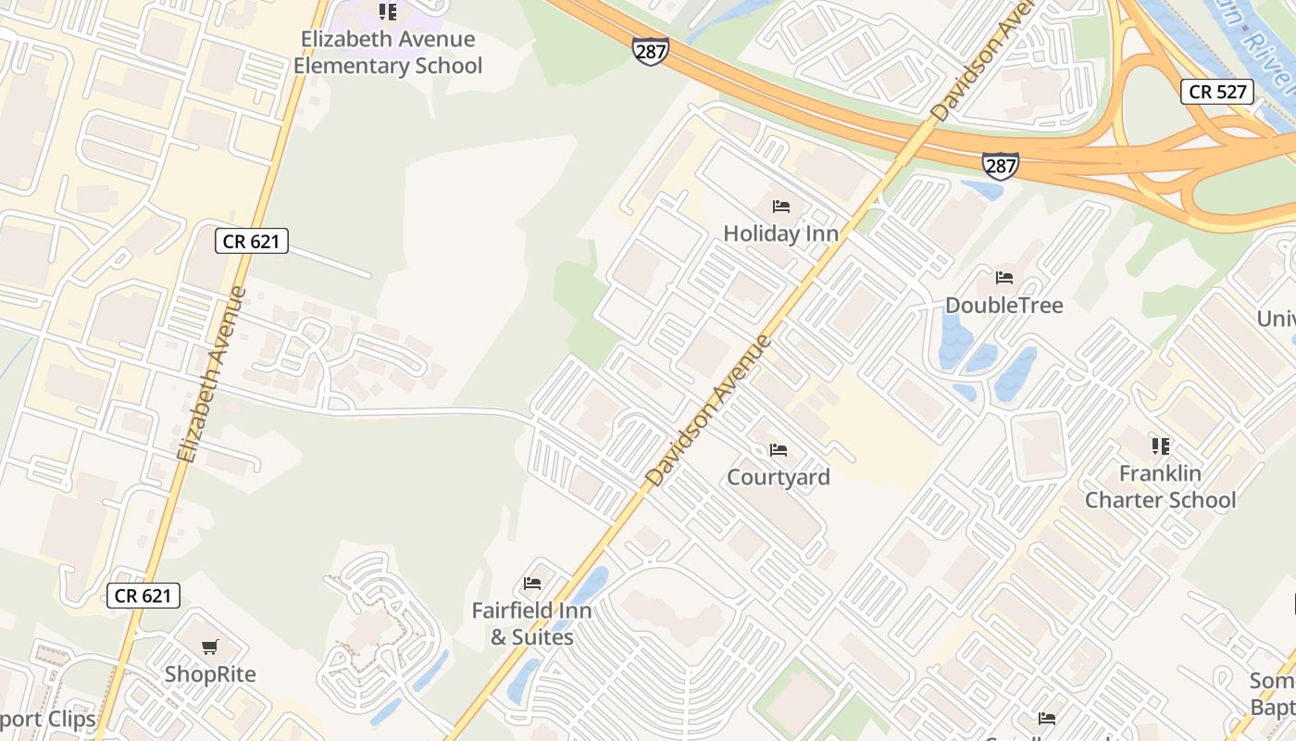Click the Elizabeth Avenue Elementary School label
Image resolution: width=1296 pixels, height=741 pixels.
388,53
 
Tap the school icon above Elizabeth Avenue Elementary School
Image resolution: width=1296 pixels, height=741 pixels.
388,12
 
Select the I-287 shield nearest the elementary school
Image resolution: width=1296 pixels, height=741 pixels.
651,51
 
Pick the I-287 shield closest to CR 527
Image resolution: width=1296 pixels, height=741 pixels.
1001,165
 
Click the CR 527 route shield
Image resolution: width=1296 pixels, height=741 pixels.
1217,91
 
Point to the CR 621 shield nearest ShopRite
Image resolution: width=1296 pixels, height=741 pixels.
143,596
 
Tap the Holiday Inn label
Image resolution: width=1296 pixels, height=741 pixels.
780,233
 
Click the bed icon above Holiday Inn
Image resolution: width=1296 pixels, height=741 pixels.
780,206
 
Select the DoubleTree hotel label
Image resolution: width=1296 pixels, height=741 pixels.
1003,306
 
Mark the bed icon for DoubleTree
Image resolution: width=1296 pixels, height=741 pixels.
1003,277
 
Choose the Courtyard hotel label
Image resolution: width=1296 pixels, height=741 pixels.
779,477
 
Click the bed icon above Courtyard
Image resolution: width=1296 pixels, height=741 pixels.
779,450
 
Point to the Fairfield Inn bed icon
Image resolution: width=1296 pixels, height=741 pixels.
531,584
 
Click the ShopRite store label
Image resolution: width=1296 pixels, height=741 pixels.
210,674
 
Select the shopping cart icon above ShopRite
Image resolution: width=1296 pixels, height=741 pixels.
210,647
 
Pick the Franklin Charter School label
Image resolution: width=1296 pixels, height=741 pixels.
1160,487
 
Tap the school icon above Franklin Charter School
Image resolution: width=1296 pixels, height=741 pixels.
1160,446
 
